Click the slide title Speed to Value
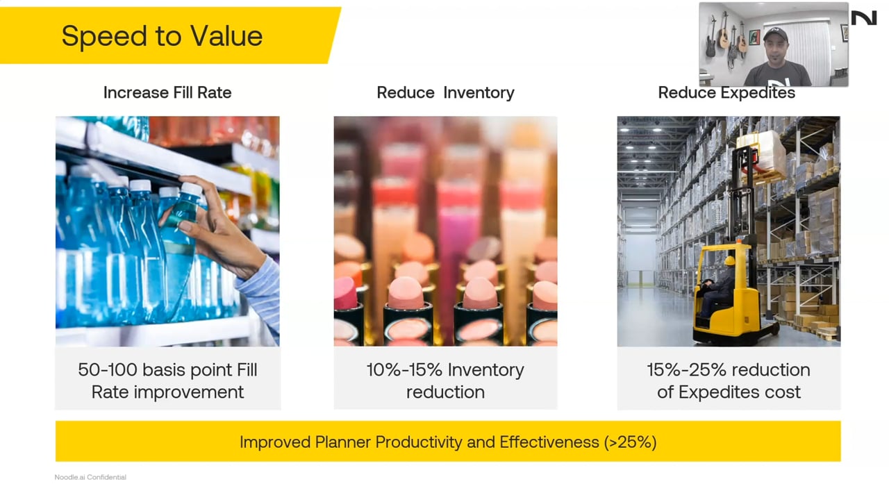162,37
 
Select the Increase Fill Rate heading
167,93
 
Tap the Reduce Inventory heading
445,93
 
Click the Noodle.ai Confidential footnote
90,477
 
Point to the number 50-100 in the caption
108,370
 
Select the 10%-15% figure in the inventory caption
404,370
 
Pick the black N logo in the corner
864,18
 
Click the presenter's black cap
776,35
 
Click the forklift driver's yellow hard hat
730,260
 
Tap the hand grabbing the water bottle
215,230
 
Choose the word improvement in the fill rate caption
188,392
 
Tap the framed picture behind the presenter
754,37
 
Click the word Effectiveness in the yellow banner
549,442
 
